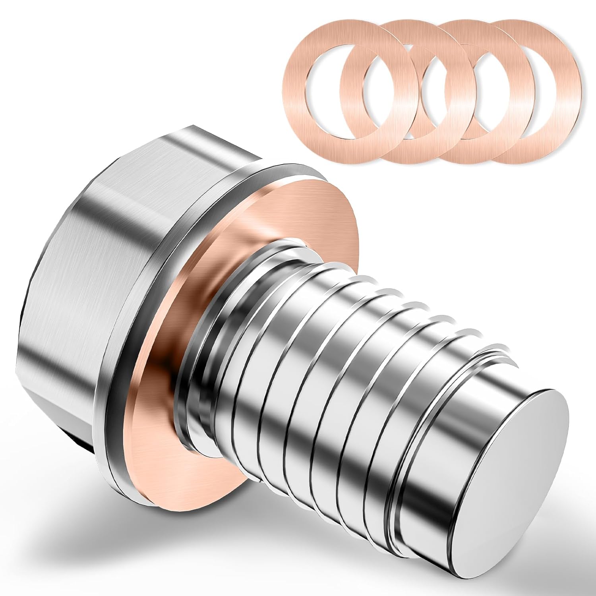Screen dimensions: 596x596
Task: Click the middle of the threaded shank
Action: pos(338,358)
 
